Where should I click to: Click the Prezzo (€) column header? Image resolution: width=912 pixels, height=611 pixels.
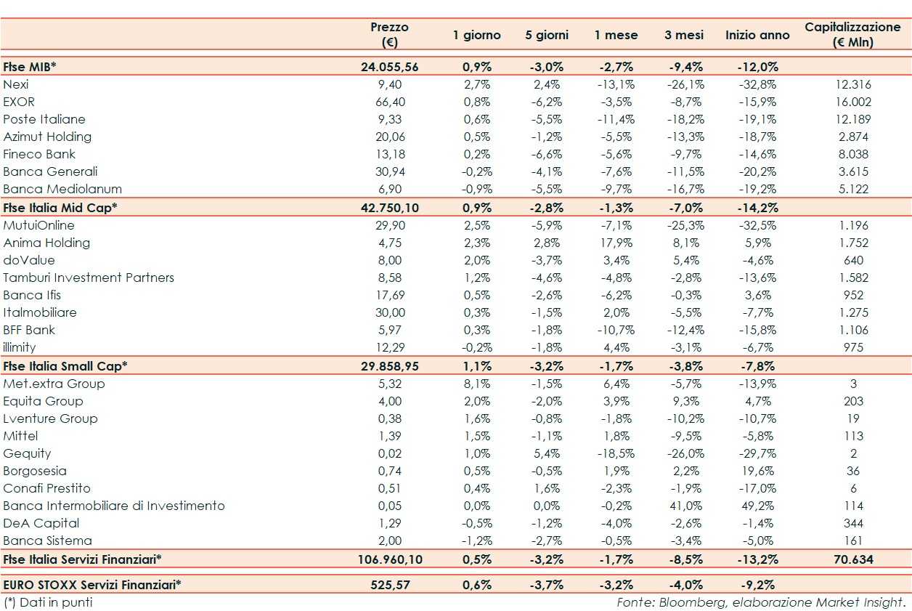(389, 34)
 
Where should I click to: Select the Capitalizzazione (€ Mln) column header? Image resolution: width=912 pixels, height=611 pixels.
(852, 34)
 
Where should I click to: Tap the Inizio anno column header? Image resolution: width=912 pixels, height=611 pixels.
(757, 35)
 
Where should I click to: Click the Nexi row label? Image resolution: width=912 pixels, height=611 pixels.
(16, 84)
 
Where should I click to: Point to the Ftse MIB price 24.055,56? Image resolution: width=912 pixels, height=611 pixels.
(389, 67)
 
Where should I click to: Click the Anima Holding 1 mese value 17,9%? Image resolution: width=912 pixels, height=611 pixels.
(615, 243)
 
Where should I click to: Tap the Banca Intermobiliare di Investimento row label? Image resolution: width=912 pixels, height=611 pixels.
(114, 506)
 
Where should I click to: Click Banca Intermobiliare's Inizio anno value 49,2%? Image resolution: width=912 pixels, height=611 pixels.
(757, 506)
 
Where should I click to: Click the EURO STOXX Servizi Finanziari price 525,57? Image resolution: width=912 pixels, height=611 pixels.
(389, 584)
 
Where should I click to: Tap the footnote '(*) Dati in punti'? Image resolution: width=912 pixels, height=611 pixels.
(48, 602)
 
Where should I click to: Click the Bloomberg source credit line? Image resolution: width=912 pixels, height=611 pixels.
(761, 602)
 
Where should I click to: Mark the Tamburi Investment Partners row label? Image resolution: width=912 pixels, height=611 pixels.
(89, 278)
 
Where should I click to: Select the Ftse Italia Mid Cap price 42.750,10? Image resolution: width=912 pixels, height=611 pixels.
(389, 207)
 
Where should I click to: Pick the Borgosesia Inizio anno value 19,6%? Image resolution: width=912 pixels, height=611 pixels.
(757, 471)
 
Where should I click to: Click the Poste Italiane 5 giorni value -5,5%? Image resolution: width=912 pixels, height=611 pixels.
(547, 119)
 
